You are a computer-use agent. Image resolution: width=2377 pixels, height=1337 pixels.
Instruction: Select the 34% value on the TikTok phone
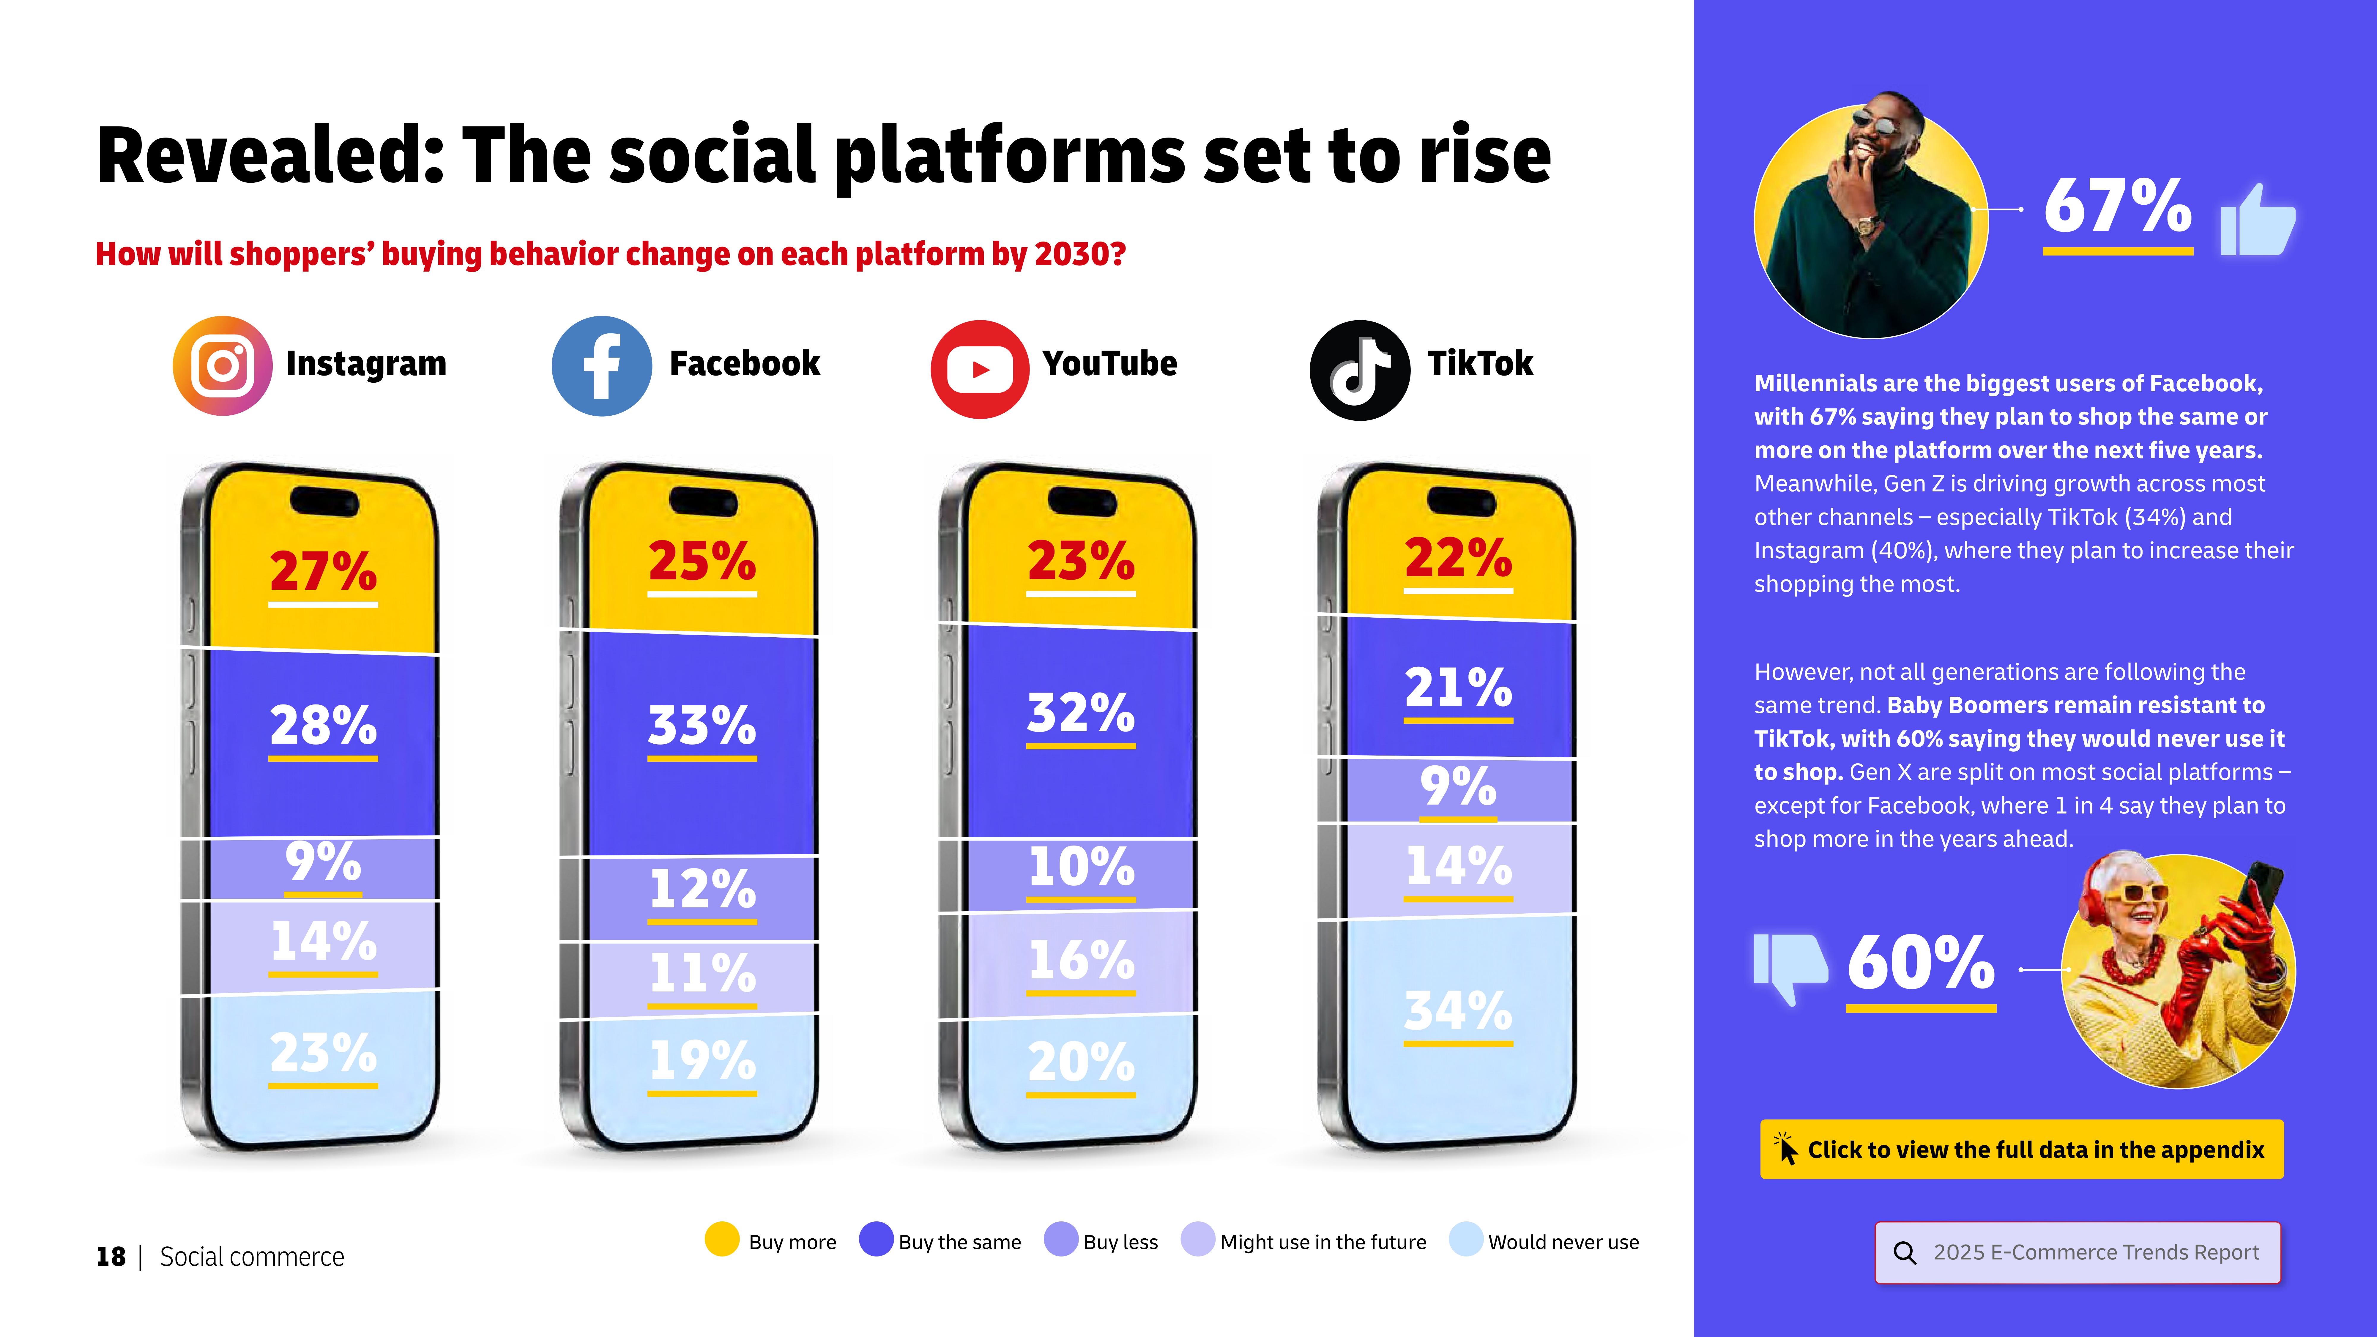click(x=1458, y=1010)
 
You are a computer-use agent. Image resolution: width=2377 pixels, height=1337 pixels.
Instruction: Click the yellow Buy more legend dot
click(x=722, y=1239)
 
